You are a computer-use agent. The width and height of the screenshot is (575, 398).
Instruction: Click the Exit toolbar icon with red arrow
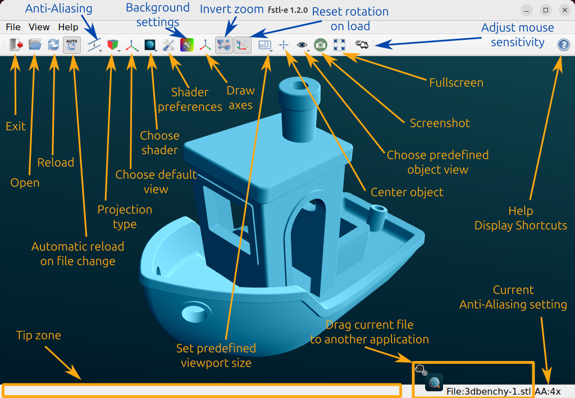click(x=16, y=45)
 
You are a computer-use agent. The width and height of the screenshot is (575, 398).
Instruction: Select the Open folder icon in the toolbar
click(x=35, y=45)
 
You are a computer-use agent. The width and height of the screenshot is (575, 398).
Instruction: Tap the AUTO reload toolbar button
click(x=71, y=45)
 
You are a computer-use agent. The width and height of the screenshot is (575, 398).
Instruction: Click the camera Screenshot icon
click(x=321, y=45)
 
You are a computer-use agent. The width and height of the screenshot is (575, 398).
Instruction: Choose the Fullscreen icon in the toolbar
click(x=339, y=45)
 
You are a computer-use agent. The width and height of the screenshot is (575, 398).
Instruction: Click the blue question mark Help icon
click(x=564, y=45)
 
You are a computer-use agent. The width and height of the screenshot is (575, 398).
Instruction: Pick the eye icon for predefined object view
click(x=302, y=45)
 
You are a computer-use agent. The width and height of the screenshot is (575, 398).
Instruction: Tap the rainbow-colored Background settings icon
click(x=186, y=45)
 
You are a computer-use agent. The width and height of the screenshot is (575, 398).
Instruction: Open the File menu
click(x=13, y=27)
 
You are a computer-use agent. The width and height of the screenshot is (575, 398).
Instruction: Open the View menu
click(x=39, y=27)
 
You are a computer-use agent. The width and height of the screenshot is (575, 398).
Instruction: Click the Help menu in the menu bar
click(x=68, y=27)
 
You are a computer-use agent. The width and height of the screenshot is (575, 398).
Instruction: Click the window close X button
click(x=565, y=10)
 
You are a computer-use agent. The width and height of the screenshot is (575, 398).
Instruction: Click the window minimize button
click(x=527, y=10)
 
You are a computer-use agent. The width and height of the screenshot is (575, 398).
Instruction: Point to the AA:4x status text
click(x=547, y=391)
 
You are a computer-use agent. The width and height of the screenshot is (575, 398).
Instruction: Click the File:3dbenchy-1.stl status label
click(x=489, y=391)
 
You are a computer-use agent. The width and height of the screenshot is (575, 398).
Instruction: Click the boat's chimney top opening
click(x=299, y=86)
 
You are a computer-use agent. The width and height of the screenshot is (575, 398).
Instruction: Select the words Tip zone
click(x=39, y=335)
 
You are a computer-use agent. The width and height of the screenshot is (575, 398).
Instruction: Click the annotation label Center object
click(x=407, y=192)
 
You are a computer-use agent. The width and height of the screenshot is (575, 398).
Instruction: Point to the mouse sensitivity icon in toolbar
click(x=362, y=45)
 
